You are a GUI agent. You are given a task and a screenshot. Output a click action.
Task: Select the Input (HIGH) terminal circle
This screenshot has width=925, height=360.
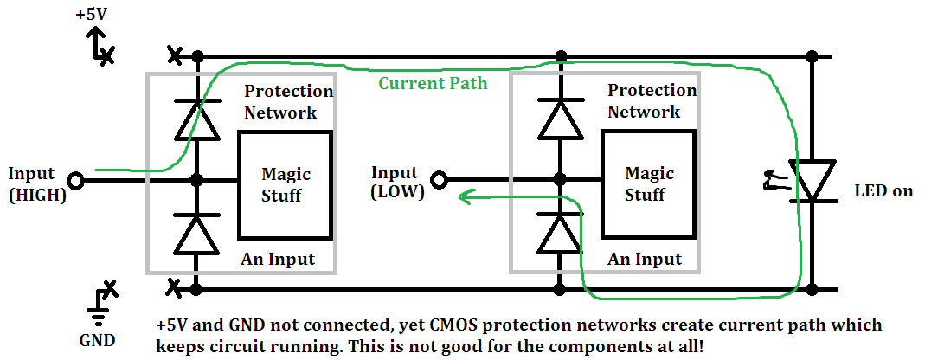[76, 181]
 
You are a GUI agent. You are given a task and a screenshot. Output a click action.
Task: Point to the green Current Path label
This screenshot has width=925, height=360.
[433, 83]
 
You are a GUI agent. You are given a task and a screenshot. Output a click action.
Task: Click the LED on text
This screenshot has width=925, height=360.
[883, 190]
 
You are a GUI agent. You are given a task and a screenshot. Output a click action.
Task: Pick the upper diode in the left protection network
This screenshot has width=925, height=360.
[196, 119]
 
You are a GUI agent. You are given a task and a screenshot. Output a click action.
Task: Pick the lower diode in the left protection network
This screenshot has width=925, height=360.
[196, 234]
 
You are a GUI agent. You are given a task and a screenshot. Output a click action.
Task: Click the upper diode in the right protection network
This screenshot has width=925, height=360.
[560, 119]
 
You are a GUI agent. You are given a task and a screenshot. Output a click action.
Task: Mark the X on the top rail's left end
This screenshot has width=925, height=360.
[174, 56]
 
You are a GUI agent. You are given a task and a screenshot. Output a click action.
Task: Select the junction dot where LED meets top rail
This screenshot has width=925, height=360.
[812, 57]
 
